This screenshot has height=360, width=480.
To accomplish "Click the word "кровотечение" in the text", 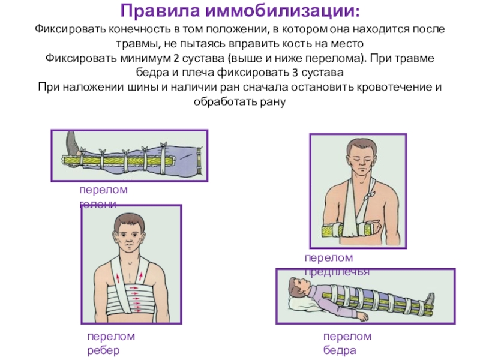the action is point(386,88).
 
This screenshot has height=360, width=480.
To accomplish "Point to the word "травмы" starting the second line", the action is point(137,45).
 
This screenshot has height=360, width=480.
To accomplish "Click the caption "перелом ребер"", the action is point(110,343).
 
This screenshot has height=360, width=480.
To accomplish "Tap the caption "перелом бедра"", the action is point(347,343).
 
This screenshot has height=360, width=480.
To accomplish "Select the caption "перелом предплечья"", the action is point(336,265).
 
